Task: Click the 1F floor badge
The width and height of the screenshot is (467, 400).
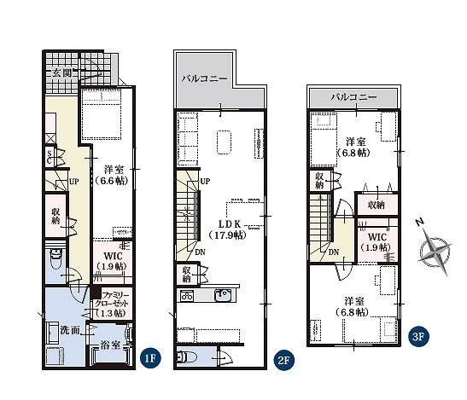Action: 150,358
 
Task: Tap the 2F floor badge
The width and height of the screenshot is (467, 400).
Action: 283,360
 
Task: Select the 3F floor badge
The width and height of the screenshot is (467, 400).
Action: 418,336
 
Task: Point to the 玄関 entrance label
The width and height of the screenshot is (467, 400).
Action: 62,72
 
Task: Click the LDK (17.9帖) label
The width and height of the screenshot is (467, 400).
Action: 229,229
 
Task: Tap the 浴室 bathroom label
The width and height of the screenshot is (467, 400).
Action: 110,345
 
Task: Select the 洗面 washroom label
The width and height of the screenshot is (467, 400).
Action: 70,330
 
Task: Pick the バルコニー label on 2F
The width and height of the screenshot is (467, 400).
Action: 205,78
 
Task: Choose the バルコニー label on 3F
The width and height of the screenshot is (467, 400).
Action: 353,97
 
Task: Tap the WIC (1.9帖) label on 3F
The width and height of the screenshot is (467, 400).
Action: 377,242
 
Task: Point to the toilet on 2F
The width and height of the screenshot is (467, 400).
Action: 187,357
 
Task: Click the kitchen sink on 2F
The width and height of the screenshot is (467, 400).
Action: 222,295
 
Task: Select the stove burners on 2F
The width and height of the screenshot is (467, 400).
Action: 186,296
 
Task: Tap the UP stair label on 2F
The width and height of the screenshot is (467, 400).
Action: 205,181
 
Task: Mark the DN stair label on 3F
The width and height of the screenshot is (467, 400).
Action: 334,252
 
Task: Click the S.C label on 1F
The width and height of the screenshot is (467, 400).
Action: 50,158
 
